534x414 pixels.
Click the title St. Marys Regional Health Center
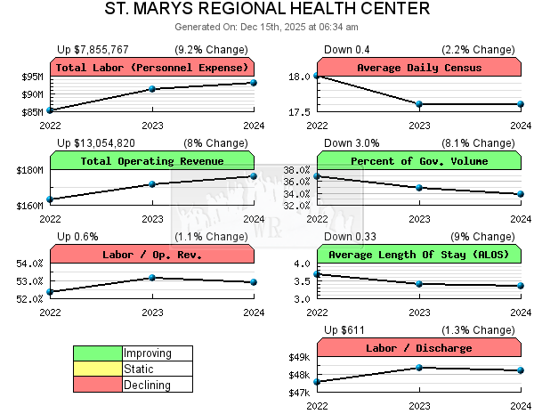267,10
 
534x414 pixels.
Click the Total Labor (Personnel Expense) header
151,68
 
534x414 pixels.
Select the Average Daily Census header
418,68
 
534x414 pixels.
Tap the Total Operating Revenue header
151,161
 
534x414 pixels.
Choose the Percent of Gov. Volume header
418,161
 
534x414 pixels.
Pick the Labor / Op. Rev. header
151,255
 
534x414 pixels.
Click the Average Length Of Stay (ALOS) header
418,255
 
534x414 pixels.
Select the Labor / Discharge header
418,348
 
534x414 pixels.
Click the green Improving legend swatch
97,353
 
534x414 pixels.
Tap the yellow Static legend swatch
97,369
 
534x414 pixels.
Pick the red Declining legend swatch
97,385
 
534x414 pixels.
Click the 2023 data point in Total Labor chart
152,89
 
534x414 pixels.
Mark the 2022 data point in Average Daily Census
318,76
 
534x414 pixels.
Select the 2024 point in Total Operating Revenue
254,176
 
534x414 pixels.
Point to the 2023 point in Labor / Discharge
419,368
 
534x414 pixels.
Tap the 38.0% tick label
295,170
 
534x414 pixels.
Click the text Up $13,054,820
96,142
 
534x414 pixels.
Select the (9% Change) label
481,236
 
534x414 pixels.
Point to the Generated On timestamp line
267,28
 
